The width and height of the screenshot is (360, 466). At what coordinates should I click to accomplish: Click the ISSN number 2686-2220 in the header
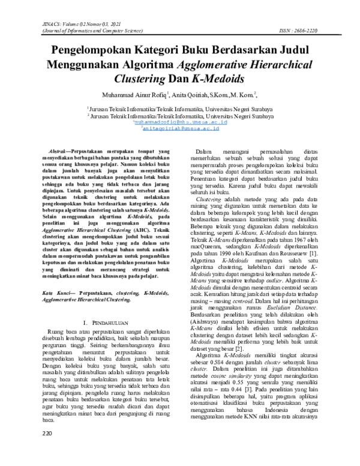tap(328, 29)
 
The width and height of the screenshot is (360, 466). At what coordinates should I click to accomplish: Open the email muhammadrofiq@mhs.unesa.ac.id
tap(181, 121)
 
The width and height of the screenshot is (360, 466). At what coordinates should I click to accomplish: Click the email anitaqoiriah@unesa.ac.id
tap(180, 127)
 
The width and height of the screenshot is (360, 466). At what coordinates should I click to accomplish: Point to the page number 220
tap(47, 450)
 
